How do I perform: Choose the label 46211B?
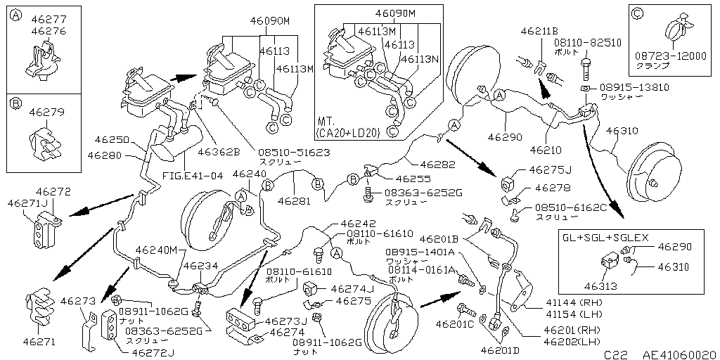point(539,32)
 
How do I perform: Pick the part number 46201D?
point(501,349)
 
